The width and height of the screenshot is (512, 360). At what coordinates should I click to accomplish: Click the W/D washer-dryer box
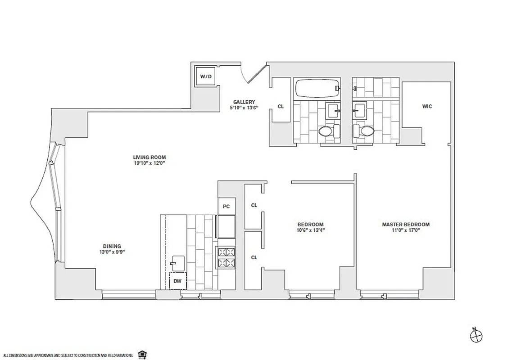pos(205,76)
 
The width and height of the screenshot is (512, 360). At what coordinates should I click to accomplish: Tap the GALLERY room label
pos(244,102)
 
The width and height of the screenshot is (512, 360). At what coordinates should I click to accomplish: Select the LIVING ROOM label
pos(149,157)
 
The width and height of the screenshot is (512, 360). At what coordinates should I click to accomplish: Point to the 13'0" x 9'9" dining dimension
pos(112,252)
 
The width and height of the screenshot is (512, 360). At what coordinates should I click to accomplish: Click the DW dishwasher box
pos(178,281)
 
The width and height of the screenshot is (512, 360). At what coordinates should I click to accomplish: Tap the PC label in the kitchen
pos(226,207)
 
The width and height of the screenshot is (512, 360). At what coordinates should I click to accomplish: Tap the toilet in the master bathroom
pos(365,131)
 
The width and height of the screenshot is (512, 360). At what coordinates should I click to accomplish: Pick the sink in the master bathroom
pos(359,109)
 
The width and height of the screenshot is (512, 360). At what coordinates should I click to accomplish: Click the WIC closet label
pos(427,107)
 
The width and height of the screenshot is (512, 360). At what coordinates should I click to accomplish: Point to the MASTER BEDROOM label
pos(405,225)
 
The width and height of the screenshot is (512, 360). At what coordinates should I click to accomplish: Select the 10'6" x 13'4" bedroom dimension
pos(310,230)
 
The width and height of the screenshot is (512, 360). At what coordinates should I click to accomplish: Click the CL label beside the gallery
pos(281,107)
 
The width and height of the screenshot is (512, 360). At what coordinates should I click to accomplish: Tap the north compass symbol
pos(476,335)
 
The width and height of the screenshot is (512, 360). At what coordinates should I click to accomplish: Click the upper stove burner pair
pos(226,252)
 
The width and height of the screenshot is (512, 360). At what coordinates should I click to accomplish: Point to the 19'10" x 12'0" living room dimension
pos(149,163)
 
